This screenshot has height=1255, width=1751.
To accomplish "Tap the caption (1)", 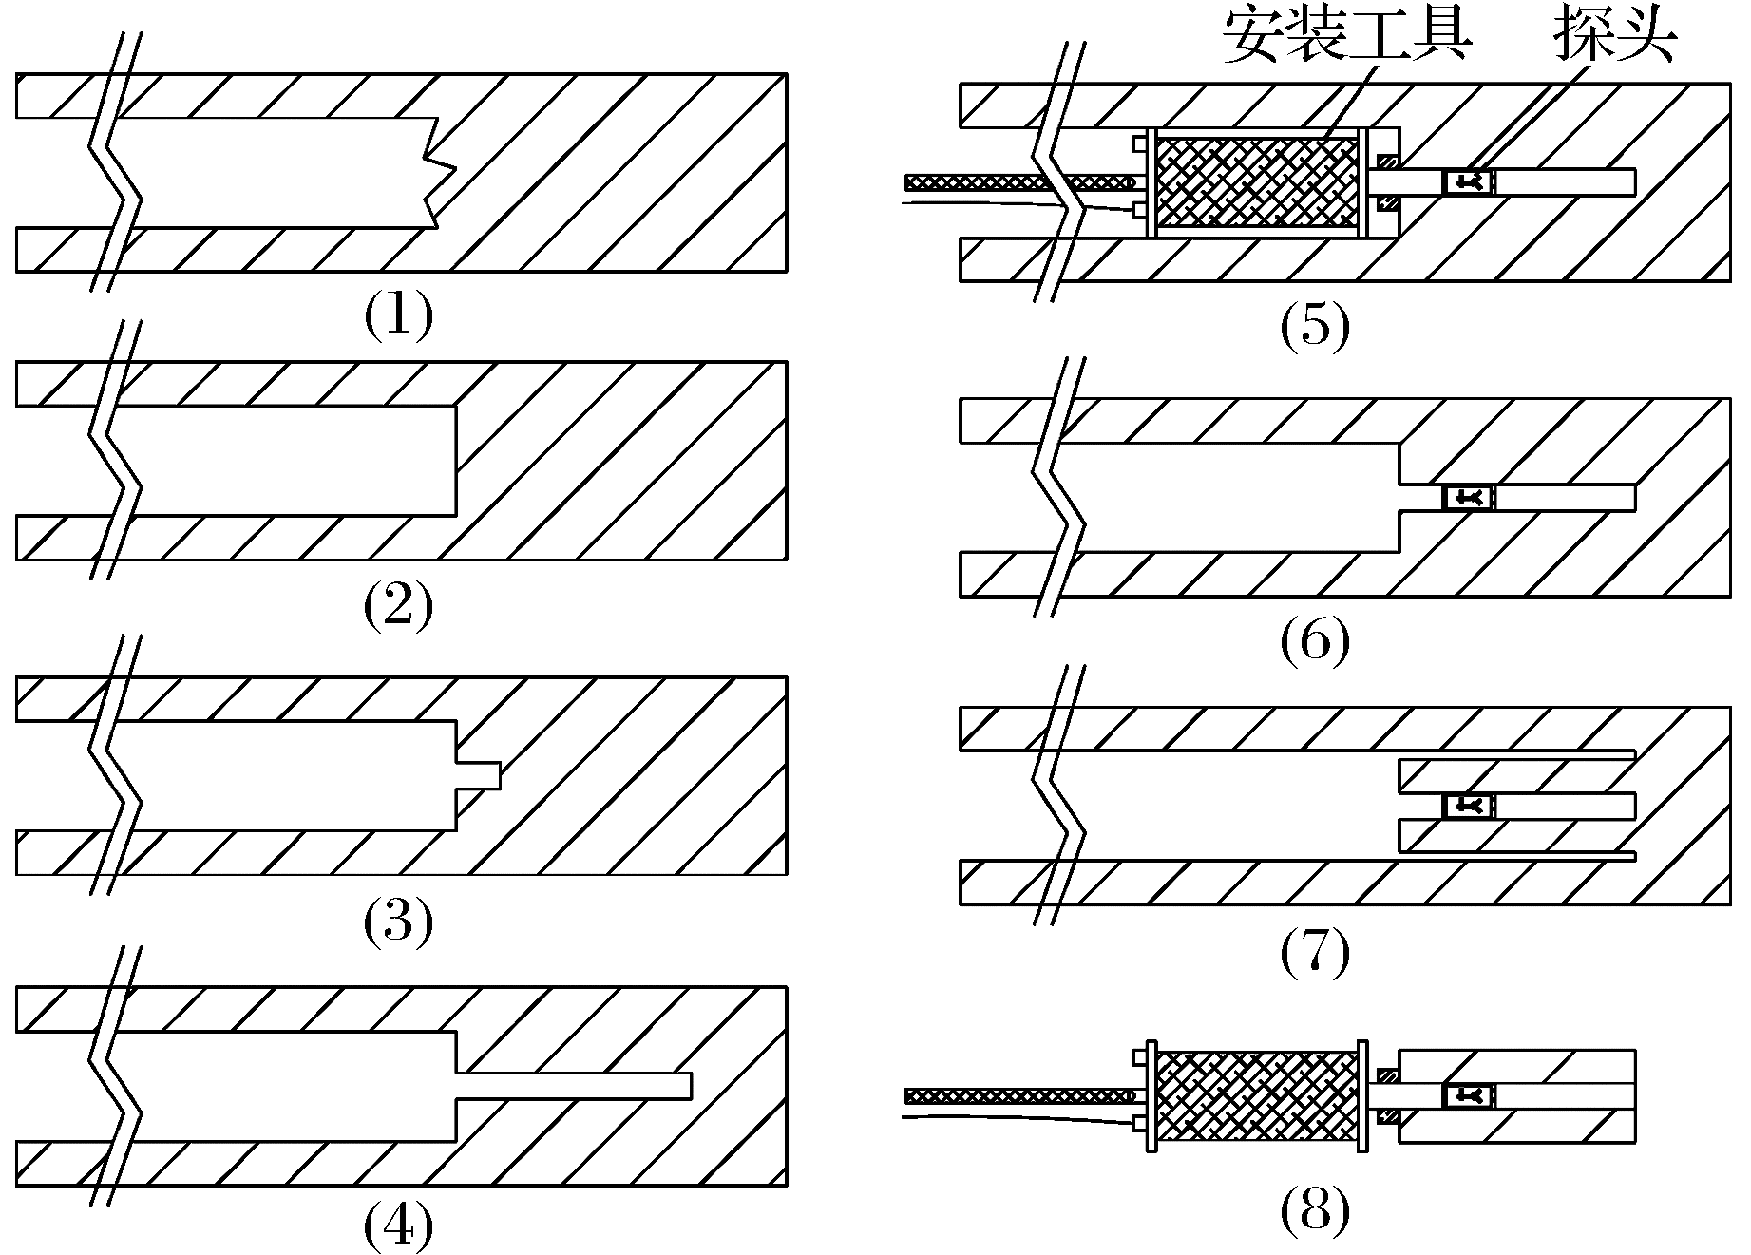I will [x=398, y=315].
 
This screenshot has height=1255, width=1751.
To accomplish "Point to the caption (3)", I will [x=398, y=920].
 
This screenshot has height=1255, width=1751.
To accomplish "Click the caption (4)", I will [x=398, y=1227].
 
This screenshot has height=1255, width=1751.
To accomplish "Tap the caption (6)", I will [x=1314, y=641].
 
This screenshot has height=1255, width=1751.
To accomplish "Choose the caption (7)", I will [x=1314, y=953].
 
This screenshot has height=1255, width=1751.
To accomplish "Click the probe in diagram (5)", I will [x=1469, y=181].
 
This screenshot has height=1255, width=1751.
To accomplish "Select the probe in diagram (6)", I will [x=1469, y=497].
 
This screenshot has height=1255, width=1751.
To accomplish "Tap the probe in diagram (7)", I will [x=1469, y=807].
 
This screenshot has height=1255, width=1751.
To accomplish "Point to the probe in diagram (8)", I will [x=1469, y=1096].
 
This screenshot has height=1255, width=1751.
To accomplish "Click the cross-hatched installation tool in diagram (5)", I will [x=1256, y=182].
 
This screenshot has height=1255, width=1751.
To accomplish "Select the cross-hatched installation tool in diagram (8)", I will [x=1258, y=1095].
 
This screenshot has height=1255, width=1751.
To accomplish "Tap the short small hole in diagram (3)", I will [x=479, y=774].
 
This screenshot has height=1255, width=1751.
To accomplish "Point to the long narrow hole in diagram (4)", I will [x=575, y=1085].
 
